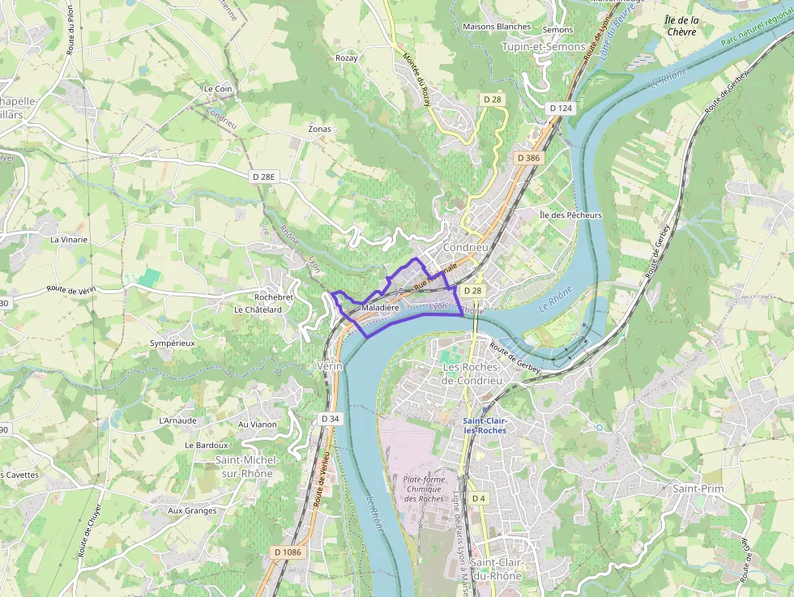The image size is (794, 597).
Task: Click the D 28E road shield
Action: click(x=264, y=176)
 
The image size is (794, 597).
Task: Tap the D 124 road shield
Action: click(x=561, y=108)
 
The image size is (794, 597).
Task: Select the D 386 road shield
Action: click(x=527, y=158)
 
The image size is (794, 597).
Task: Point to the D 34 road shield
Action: click(x=330, y=419)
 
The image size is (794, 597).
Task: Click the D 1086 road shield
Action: click(x=288, y=552)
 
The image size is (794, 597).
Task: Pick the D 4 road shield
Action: click(x=478, y=498)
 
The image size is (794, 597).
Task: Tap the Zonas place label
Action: click(x=320, y=129)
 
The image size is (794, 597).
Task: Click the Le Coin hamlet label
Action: click(x=218, y=88)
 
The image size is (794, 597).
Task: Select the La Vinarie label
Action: click(x=69, y=240)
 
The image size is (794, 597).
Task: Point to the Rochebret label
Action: click(x=274, y=297)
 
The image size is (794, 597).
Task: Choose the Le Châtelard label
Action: click(x=258, y=309)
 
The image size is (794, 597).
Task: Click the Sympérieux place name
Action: click(x=173, y=343)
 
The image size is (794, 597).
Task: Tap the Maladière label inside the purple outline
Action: click(x=381, y=309)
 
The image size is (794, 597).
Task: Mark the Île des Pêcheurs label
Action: click(x=571, y=215)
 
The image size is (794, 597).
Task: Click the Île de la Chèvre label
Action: click(x=681, y=26)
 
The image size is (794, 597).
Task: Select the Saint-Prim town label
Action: click(x=698, y=488)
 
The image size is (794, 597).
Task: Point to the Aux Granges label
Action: click(x=192, y=510)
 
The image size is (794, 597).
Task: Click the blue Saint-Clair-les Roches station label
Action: click(x=485, y=425)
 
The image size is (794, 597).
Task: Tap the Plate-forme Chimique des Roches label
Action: click(x=424, y=488)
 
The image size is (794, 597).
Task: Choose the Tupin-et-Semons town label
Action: click(x=544, y=47)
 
